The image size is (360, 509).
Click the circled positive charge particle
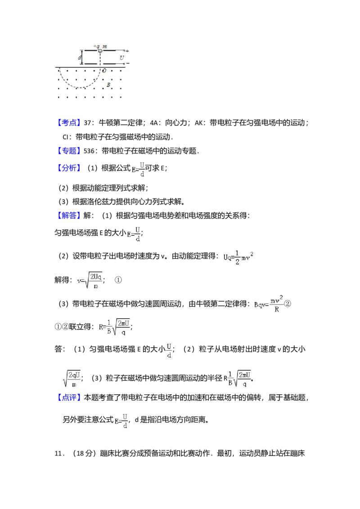(100, 51)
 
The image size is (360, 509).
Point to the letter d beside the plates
(80, 58)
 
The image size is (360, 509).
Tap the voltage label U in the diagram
(121, 58)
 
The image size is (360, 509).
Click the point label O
(104, 71)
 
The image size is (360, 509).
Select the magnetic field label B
(108, 85)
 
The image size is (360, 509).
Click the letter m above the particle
(105, 46)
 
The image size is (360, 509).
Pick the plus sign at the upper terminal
(128, 51)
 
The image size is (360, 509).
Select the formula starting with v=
(90, 281)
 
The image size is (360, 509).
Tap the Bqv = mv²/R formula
(268, 304)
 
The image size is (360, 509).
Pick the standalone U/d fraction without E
(169, 351)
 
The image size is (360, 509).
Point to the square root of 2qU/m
(72, 378)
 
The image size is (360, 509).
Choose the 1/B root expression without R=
(239, 378)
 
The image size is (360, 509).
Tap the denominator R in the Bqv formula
(276, 310)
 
